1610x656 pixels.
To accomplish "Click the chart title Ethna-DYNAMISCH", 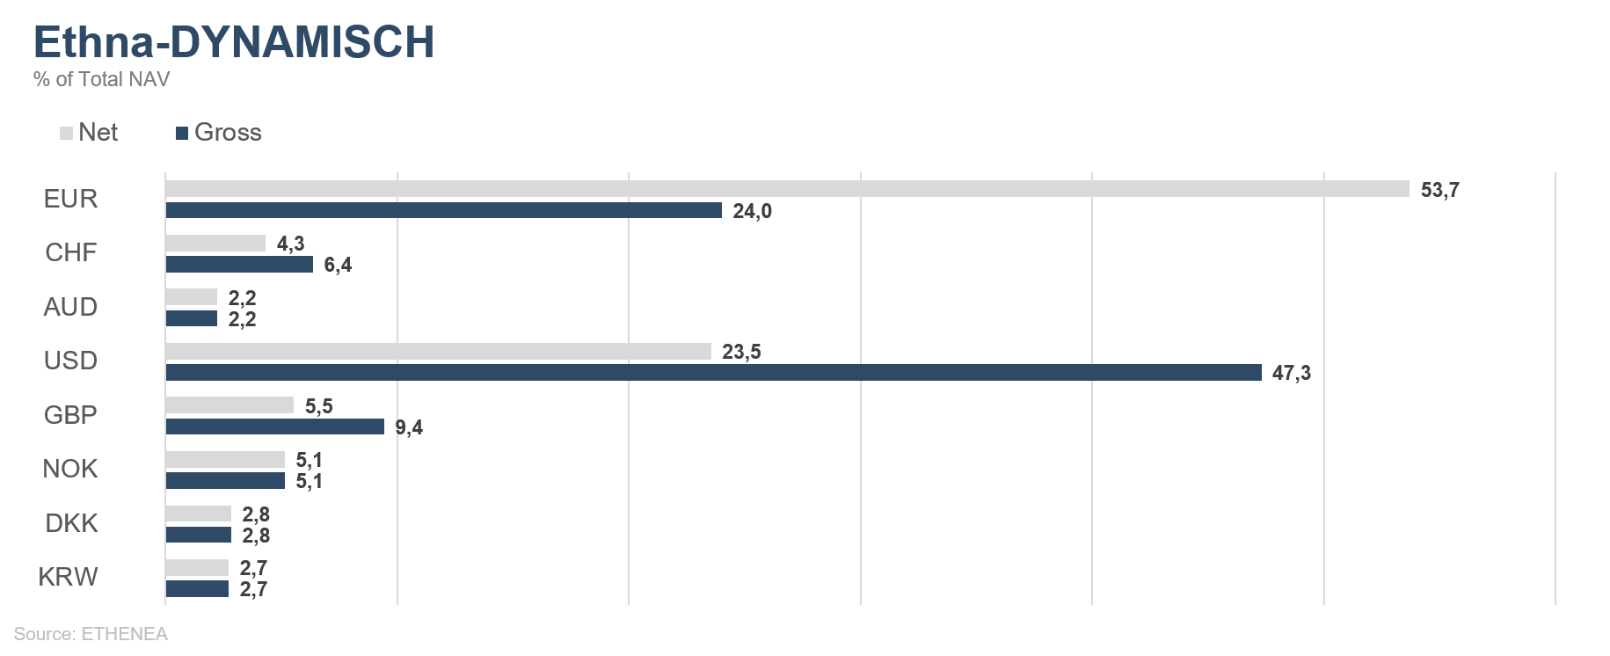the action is point(234,42).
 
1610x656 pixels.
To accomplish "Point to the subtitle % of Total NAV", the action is point(101,79).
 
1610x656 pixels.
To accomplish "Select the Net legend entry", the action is point(89,133).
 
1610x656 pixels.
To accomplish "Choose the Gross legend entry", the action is point(219,133).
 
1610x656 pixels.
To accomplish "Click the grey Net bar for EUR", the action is point(787,189).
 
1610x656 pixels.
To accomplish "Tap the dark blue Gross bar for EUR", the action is point(443,210).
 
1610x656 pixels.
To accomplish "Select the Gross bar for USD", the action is point(713,373).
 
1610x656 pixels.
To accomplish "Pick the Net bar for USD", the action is point(438,352).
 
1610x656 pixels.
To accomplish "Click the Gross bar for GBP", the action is point(274,426).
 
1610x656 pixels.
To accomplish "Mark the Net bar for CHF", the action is point(215,244).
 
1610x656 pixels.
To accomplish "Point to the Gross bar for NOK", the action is point(225,481).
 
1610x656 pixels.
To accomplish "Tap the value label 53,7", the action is point(1439,190).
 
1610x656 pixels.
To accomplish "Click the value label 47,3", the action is point(1291,373).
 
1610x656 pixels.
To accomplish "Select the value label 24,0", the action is point(752,211).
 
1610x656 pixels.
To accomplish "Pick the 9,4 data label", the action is point(409,427).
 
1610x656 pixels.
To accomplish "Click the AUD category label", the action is point(70,307).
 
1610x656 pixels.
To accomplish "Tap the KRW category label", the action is point(68,577).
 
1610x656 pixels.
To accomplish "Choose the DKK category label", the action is point(71,523).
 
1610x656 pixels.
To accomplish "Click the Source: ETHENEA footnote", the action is point(91,634).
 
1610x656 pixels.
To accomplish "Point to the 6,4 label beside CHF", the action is point(338,265).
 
